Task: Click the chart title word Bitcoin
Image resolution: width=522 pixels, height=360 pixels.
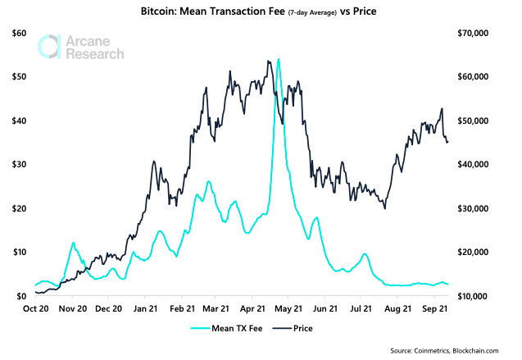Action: pyautogui.click(x=164, y=14)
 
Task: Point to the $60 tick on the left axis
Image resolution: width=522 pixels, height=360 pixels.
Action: pyautogui.click(x=19, y=33)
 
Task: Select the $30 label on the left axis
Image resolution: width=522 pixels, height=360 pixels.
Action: pyautogui.click(x=19, y=164)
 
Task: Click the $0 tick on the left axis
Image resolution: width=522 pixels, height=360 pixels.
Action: pyautogui.click(x=22, y=296)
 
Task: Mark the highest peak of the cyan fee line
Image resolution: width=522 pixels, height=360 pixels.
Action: pyautogui.click(x=279, y=59)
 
